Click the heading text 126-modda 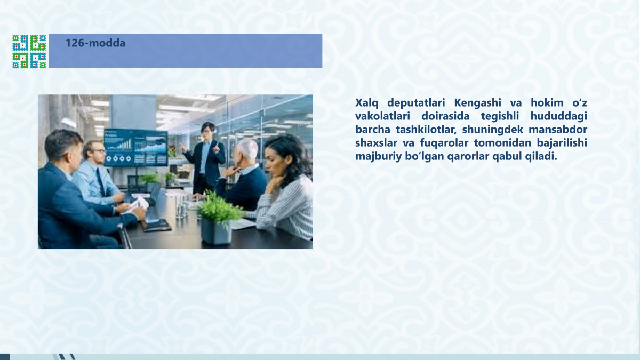95,43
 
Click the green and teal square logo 29,52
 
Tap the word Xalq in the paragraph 366,103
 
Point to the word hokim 547,102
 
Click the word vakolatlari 382,116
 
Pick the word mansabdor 558,130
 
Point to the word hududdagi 558,117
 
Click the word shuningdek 493,130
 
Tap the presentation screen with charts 136,147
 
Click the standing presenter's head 207,131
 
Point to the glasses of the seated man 98,151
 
